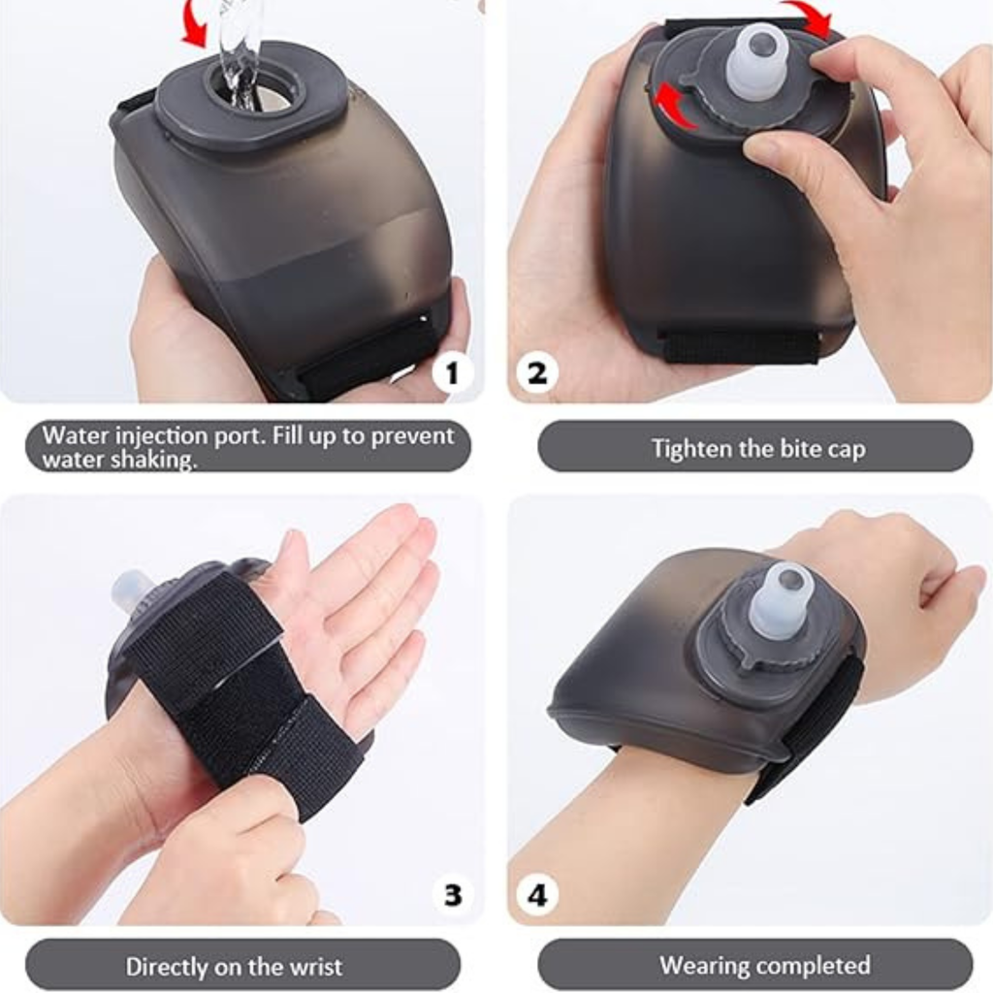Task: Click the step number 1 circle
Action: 453,372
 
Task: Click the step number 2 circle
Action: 537,372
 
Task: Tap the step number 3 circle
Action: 453,894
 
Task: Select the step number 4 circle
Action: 537,894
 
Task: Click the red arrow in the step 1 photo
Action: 196,22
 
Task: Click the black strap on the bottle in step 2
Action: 738,346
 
